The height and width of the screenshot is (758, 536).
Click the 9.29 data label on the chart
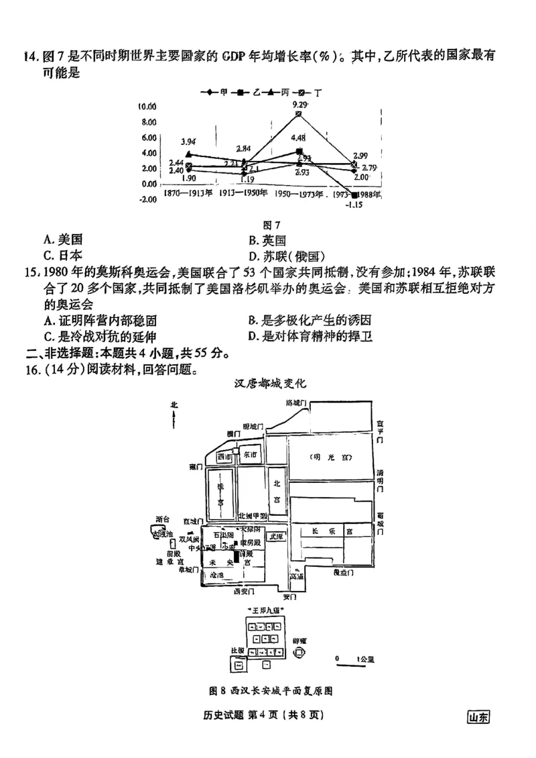tap(299, 105)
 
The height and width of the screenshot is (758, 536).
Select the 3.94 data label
tap(188, 142)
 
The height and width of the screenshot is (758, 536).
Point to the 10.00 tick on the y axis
tap(147, 107)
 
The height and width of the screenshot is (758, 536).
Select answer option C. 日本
tap(63, 255)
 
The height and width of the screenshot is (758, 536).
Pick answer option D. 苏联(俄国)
tap(286, 256)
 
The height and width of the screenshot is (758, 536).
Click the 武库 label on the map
tap(275, 536)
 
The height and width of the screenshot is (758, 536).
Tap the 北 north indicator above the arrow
tap(174, 405)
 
